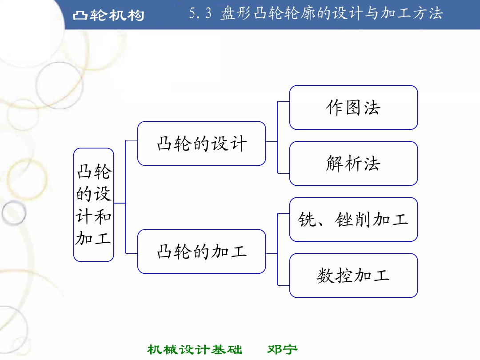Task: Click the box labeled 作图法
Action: point(353,108)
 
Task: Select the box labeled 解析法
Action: point(353,164)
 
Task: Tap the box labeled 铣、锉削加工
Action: point(353,220)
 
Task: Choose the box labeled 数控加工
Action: point(353,276)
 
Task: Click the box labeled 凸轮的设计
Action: point(201,144)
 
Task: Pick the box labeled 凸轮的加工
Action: point(201,252)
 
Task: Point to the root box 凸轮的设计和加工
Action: point(93,205)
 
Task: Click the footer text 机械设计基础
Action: point(195,349)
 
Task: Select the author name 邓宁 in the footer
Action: point(282,349)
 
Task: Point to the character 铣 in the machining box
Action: point(307,220)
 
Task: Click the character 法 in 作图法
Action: point(372,108)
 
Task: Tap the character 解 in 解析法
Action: point(335,164)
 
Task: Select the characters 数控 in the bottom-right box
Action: point(335,276)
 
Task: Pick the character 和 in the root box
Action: point(103,216)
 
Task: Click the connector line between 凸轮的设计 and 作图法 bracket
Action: point(272,142)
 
